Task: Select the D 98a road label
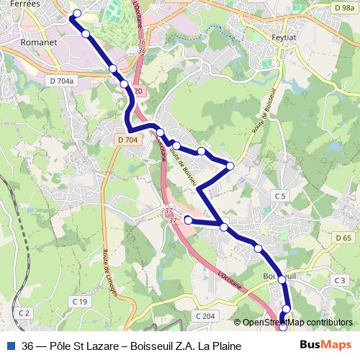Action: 343,6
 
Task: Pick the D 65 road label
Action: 343,238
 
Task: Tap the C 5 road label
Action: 280,196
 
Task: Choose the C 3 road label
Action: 340,279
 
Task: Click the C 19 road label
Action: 80,301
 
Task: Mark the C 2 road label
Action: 24,312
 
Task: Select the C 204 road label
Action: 205,315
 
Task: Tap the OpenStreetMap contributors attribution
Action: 297,323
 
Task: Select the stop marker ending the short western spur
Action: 188,220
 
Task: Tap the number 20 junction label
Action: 139,91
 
